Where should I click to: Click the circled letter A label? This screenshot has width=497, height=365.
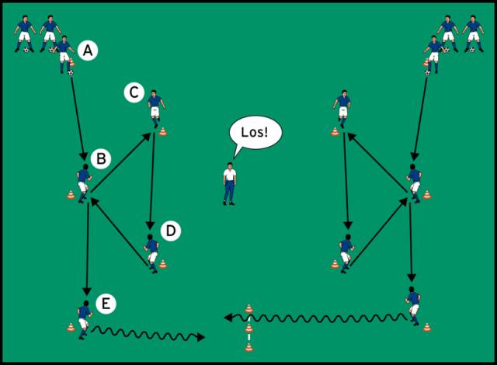click(x=88, y=50)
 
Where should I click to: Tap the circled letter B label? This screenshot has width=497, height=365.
click(x=101, y=158)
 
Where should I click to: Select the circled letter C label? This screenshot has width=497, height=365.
click(x=134, y=92)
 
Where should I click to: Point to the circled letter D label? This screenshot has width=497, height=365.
click(x=171, y=231)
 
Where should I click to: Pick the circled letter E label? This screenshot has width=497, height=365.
click(x=106, y=304)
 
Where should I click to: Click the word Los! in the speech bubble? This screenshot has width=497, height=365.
click(x=255, y=132)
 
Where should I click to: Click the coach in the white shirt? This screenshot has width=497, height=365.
click(x=230, y=184)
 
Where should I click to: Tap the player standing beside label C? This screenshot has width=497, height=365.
click(x=155, y=109)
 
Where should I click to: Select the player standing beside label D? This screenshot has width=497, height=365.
click(x=151, y=253)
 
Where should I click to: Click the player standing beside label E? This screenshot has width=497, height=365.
click(x=85, y=320)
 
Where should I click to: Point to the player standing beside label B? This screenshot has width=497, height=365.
click(x=84, y=183)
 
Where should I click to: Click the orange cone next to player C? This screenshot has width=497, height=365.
click(x=163, y=131)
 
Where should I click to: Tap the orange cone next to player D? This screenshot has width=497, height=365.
click(x=163, y=264)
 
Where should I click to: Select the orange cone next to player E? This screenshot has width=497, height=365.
click(x=71, y=327)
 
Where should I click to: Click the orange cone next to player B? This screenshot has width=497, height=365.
click(x=71, y=194)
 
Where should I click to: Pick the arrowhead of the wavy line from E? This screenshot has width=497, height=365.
click(x=201, y=337)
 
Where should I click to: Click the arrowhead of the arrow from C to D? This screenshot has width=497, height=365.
click(x=150, y=225)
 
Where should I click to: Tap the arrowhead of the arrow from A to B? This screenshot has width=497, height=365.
click(x=84, y=156)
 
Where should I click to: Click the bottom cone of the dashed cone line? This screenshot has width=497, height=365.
click(x=249, y=347)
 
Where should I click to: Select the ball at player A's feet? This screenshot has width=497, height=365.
click(x=71, y=72)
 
